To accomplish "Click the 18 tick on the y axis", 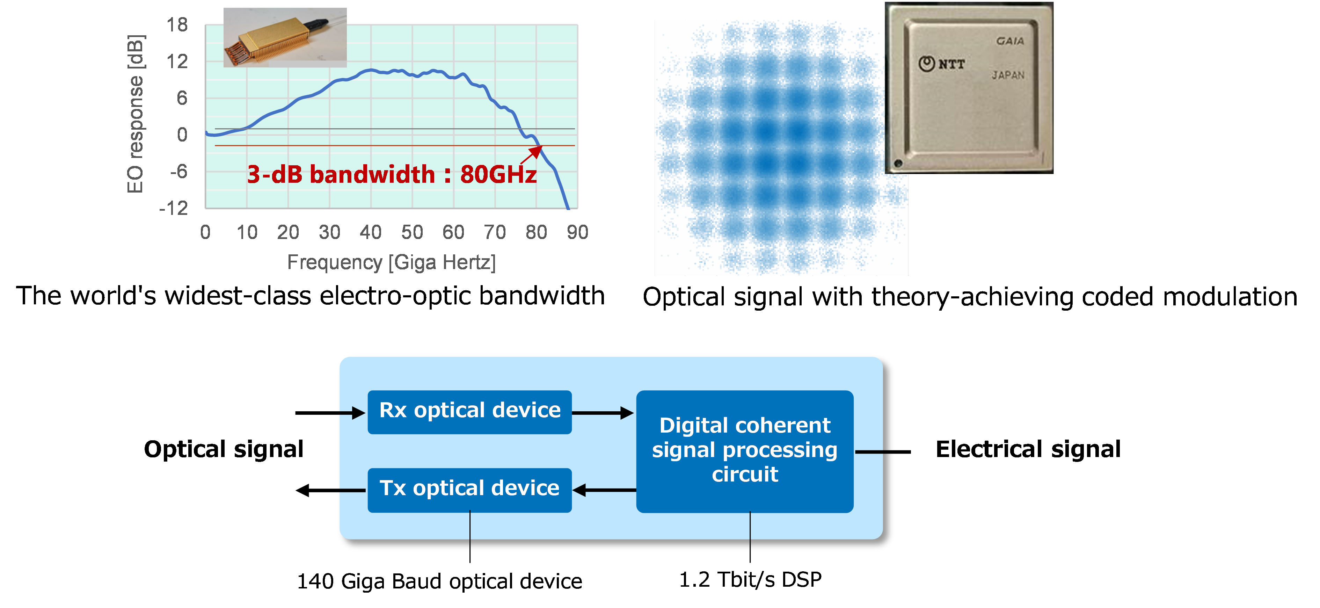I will click(177, 24).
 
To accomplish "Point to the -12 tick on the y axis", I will click(174, 208).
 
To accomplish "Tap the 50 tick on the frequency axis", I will click(412, 232).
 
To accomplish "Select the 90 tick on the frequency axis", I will click(577, 232).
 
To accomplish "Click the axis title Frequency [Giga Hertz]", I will click(392, 262).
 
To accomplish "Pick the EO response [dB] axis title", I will click(136, 114).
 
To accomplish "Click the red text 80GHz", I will click(498, 174).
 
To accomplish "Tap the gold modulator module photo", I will click(285, 37).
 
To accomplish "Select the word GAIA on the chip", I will click(1010, 41).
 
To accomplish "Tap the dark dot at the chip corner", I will click(898, 164).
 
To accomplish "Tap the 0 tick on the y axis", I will click(182, 135).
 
